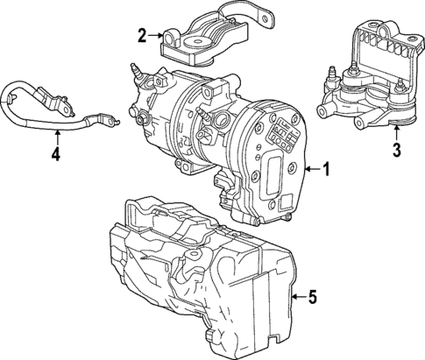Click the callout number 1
click(x=326, y=170)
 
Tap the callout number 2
click(x=142, y=35)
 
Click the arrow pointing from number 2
click(x=155, y=35)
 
